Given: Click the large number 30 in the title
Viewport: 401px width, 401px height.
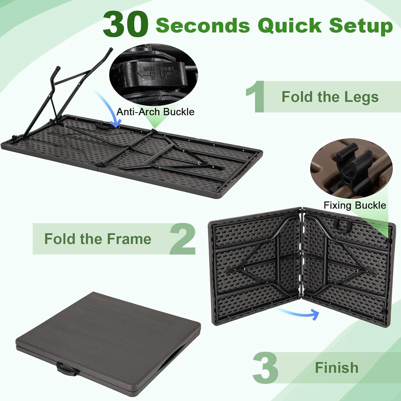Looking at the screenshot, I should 125,25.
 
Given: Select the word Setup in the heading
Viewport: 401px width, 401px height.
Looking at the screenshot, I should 361,26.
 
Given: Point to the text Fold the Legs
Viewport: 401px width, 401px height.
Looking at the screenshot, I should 330,97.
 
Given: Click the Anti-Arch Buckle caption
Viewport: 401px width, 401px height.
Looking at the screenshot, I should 155,111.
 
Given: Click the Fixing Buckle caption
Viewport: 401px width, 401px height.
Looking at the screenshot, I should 355,205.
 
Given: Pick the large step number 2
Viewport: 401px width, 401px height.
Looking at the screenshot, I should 183,239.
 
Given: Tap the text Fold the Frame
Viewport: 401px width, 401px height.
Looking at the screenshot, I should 98,239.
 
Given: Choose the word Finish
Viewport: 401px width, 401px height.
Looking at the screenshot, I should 337,368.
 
